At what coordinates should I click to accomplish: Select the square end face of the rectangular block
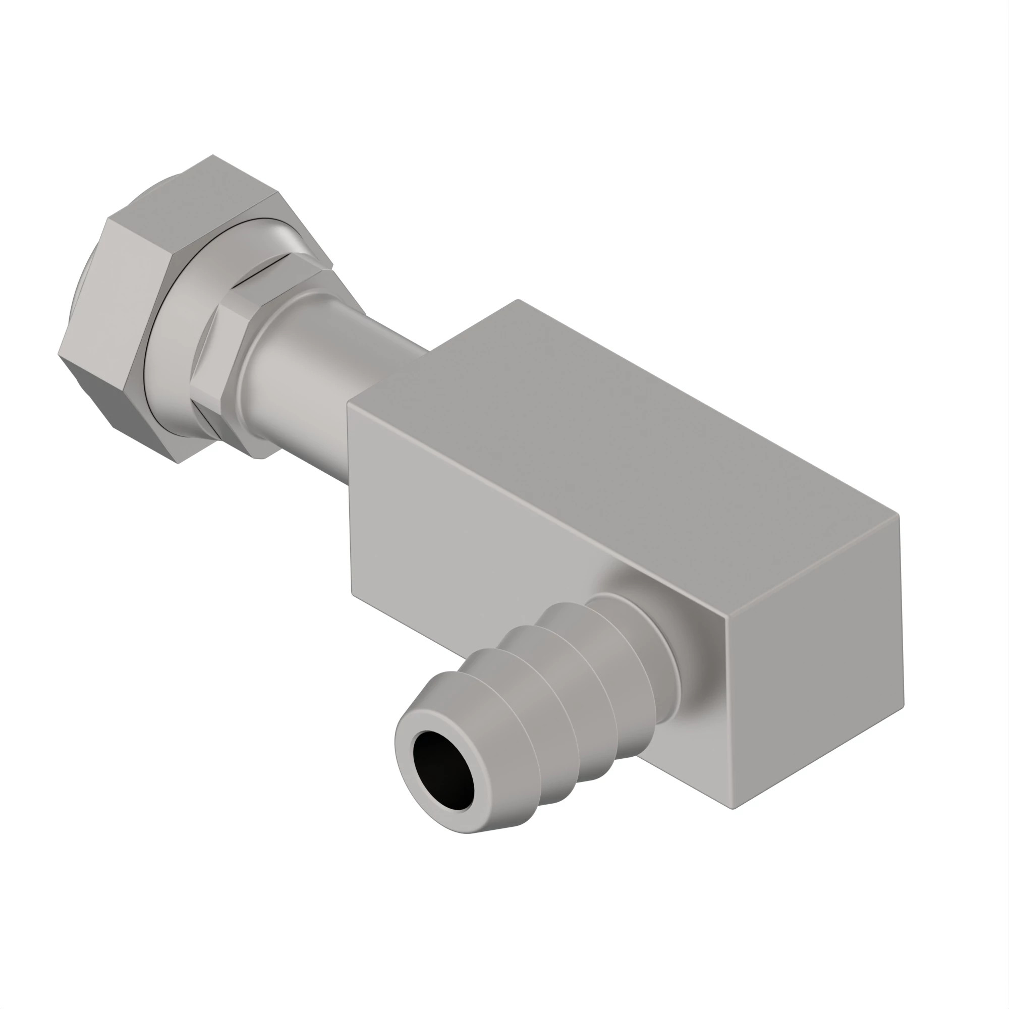coord(815,658)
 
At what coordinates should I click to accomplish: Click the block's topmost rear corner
coord(518,300)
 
